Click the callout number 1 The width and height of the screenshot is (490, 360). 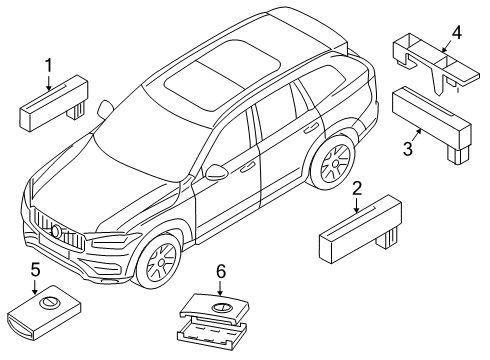pos(47,68)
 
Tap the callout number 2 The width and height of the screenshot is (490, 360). pos(357,187)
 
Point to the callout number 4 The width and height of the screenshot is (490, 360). pos(455,33)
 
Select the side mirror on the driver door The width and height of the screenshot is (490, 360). pos(214,173)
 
